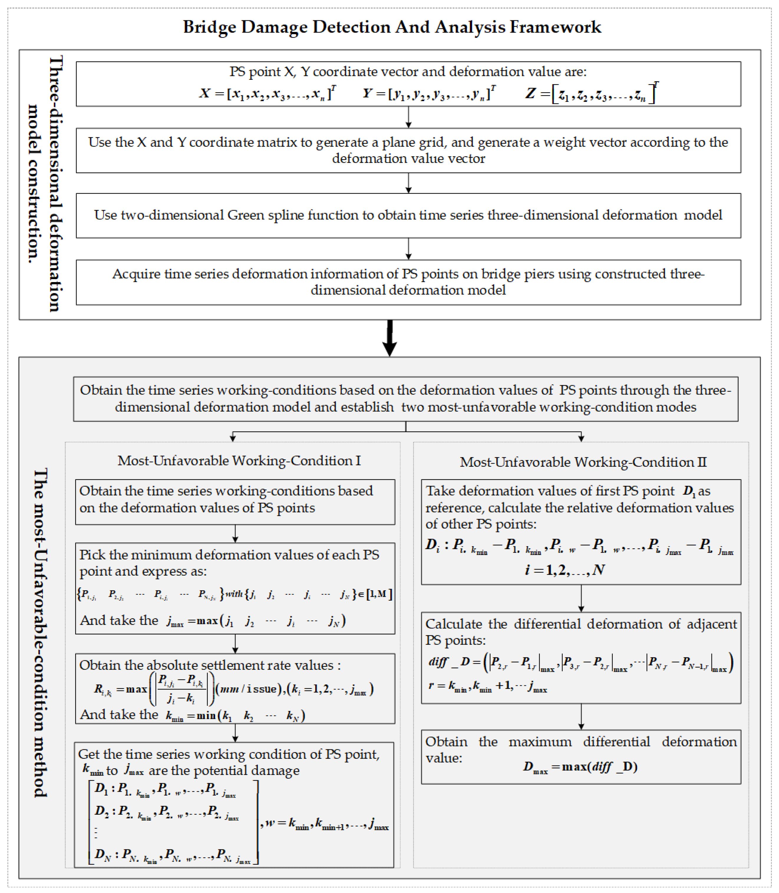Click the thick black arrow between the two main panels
point(389,339)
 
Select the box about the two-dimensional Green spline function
point(408,216)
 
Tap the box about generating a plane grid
point(408,150)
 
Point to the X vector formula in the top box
point(267,93)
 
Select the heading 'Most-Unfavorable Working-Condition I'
point(239,460)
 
